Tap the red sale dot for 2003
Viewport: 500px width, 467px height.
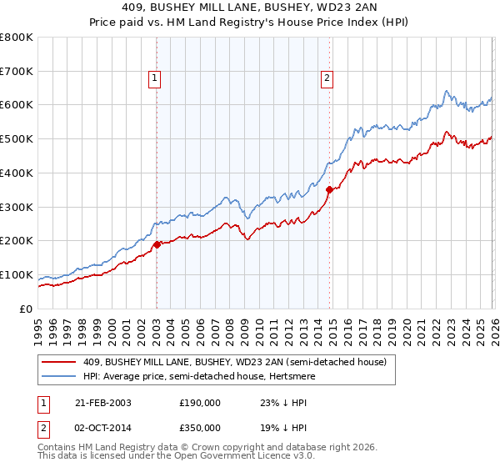(x=157, y=244)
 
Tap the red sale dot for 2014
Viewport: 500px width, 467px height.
(x=329, y=190)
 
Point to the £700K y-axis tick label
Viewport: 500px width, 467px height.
(x=16, y=71)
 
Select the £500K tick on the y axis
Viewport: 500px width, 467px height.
(x=16, y=139)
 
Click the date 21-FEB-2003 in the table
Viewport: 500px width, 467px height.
(x=101, y=402)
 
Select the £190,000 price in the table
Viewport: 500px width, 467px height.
(x=201, y=402)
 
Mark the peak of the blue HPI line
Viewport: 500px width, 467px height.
(x=447, y=91)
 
